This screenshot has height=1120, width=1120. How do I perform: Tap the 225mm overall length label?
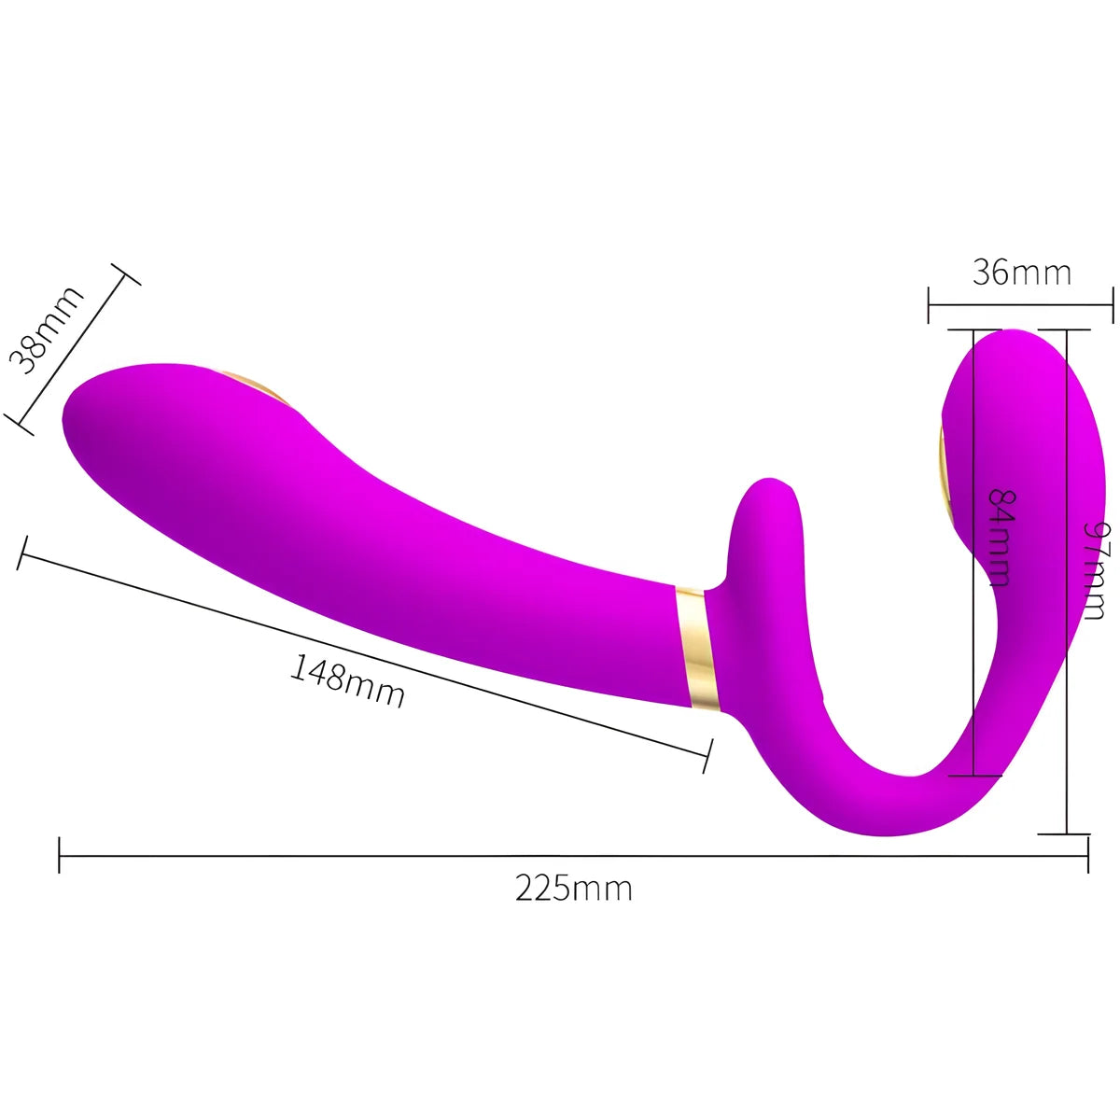[x=573, y=888]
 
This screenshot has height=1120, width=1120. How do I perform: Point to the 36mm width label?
[x=1021, y=273]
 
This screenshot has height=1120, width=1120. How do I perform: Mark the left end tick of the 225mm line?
[x=60, y=854]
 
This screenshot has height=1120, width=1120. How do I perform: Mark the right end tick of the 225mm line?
[x=1087, y=854]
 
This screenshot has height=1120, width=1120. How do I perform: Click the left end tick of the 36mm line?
[x=929, y=304]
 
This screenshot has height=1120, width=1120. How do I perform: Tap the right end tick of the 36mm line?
[x=1113, y=304]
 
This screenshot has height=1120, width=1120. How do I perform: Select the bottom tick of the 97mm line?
[x=1065, y=833]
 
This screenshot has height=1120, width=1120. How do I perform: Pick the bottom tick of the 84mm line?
[x=973, y=775]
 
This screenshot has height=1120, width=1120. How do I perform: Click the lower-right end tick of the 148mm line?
[x=707, y=754]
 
